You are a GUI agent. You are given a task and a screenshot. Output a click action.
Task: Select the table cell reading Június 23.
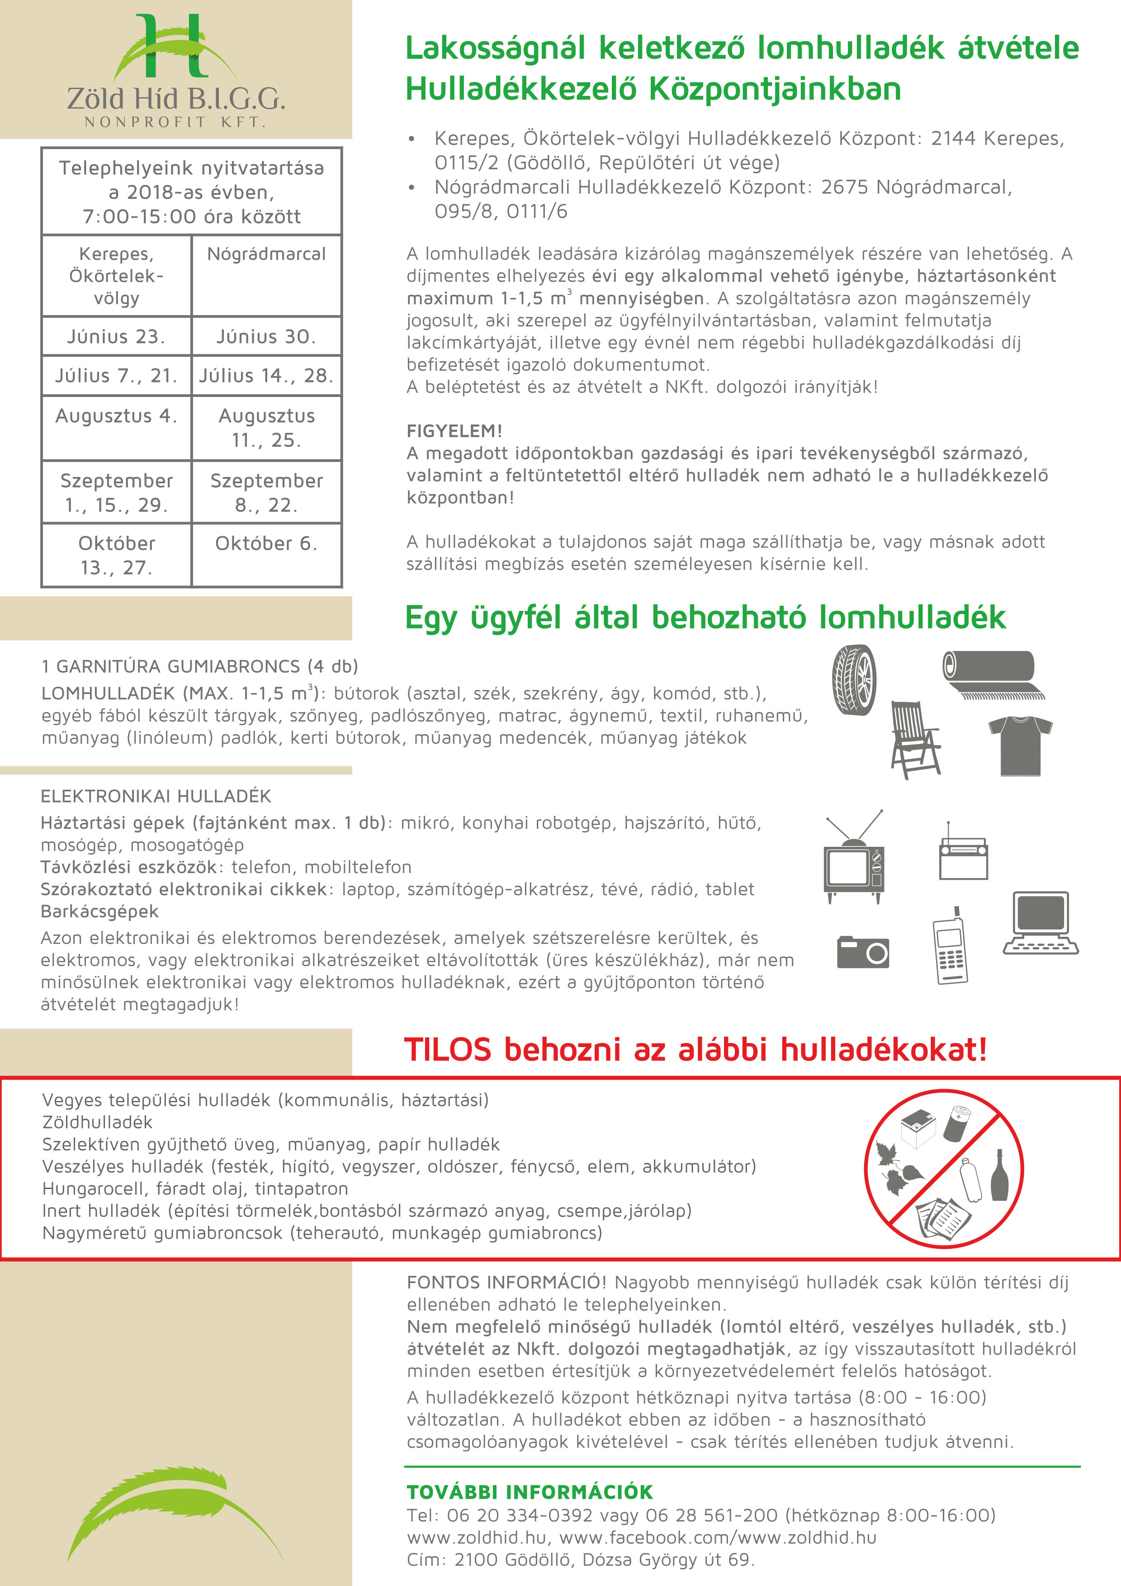tap(116, 336)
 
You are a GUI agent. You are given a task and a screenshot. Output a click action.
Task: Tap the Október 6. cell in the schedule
tap(267, 543)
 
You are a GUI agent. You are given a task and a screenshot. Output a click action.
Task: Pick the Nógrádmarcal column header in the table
tap(267, 254)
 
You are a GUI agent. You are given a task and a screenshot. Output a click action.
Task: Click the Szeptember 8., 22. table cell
tap(267, 492)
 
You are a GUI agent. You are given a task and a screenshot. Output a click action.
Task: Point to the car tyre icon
tap(854, 680)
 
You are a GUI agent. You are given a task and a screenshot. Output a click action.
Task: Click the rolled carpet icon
tap(992, 674)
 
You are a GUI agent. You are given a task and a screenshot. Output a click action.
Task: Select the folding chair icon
tap(914, 740)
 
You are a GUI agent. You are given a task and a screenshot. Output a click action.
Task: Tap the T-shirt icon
tap(1019, 745)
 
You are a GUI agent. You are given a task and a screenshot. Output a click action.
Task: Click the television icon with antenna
tap(854, 860)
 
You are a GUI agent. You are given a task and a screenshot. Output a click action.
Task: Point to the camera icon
tap(863, 953)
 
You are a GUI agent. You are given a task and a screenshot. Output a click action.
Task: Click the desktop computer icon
tap(1040, 922)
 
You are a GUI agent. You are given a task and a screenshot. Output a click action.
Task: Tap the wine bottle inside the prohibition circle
tap(998, 1175)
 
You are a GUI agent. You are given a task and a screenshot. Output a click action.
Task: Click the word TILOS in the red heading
tap(448, 1050)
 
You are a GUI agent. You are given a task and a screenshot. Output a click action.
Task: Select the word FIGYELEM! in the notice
tap(454, 431)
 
